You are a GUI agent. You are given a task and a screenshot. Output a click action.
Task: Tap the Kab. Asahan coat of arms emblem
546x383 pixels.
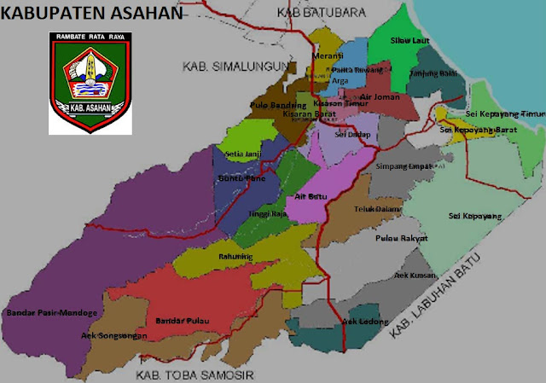point(90,83)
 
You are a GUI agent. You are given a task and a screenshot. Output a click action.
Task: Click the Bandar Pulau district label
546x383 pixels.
point(183,321)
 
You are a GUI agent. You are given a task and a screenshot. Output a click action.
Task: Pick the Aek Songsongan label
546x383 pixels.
point(113,336)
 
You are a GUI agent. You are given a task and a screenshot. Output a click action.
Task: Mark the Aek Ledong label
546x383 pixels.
point(361,322)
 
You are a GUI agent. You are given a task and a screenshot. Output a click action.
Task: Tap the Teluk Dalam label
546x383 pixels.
point(378,207)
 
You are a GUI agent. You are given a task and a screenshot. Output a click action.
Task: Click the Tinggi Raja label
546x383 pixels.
point(264,214)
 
